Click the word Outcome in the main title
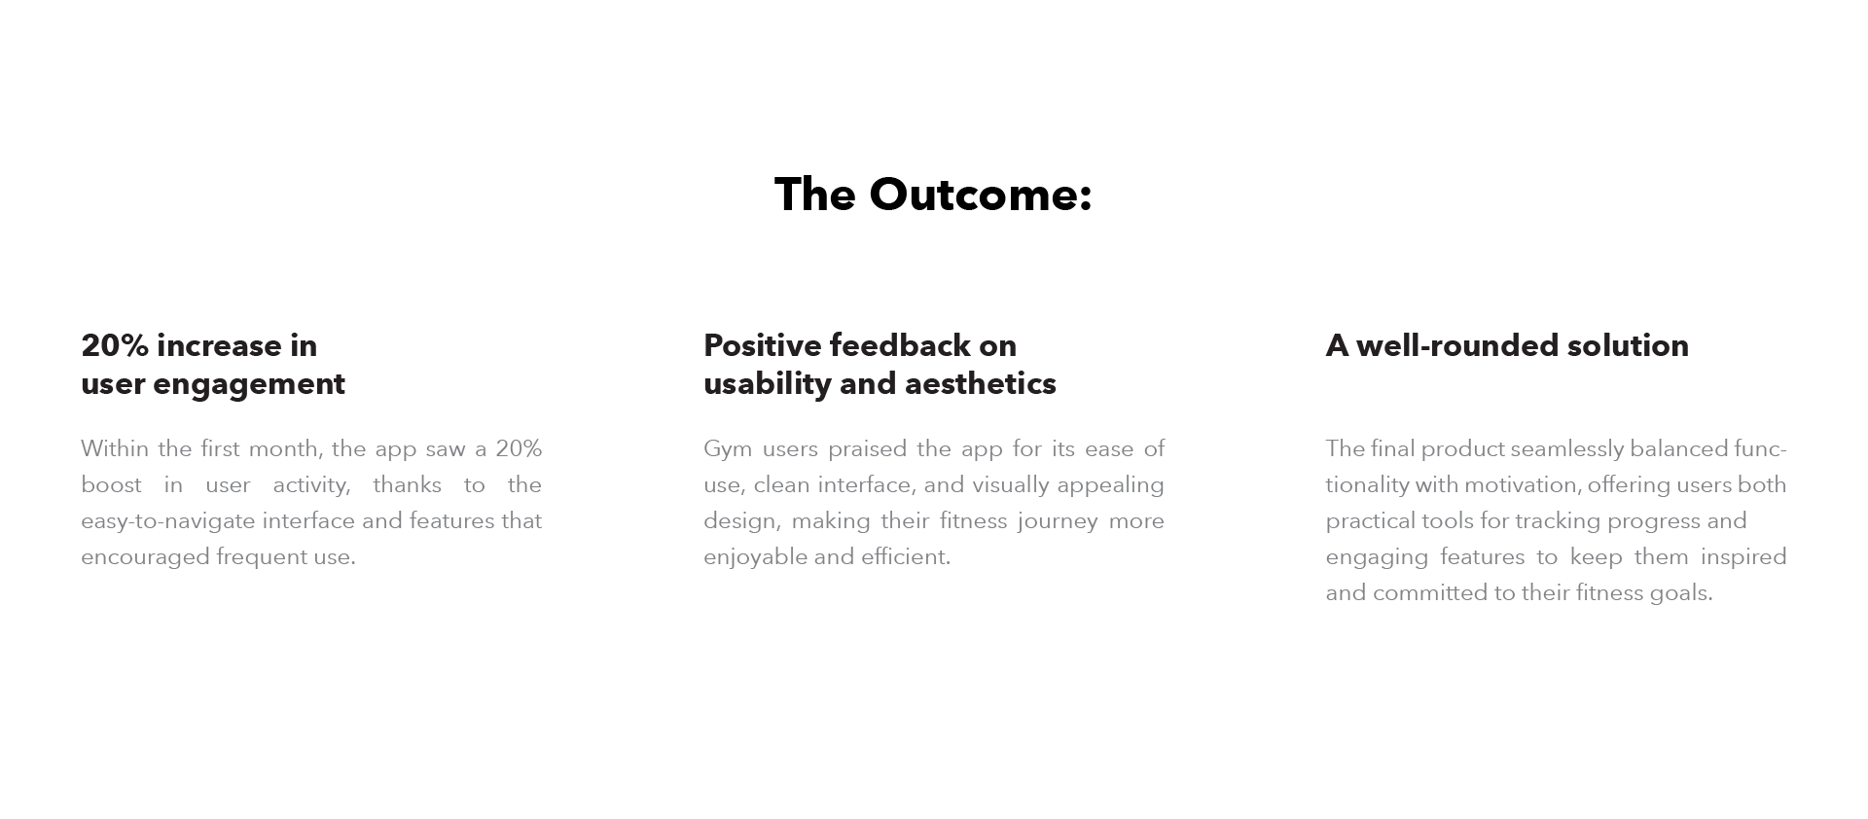pyautogui.click(x=981, y=195)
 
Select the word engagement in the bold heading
pyautogui.click(x=249, y=385)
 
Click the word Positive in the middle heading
pyautogui.click(x=763, y=345)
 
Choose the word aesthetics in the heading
pyautogui.click(x=983, y=383)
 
